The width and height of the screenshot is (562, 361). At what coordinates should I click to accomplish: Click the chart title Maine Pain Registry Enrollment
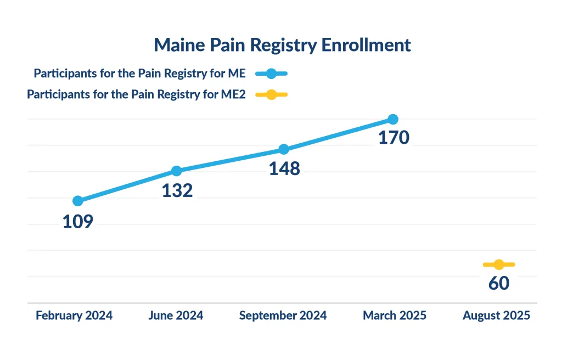(x=282, y=45)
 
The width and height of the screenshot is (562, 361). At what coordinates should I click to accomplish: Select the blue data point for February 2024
(x=78, y=201)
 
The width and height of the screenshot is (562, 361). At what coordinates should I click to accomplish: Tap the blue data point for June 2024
(x=176, y=171)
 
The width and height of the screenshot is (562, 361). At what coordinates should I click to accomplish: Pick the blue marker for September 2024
(x=284, y=149)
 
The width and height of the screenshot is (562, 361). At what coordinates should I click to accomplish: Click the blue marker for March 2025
(x=392, y=119)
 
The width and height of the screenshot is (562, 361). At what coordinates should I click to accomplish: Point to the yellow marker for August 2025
(x=498, y=264)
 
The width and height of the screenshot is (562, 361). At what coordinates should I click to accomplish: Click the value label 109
(x=77, y=222)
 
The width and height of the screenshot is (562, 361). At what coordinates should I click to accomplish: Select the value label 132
(x=177, y=191)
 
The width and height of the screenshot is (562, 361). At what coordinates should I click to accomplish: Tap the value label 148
(x=284, y=169)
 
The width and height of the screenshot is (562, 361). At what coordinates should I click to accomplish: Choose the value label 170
(x=394, y=138)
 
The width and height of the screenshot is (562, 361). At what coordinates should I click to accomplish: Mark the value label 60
(x=498, y=284)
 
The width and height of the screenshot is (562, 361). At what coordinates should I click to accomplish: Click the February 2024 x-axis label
(x=74, y=315)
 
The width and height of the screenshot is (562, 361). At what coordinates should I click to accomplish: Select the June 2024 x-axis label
(x=176, y=315)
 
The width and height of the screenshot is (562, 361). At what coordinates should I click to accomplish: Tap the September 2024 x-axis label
(x=283, y=315)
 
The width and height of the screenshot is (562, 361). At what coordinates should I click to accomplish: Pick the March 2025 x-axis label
(x=395, y=315)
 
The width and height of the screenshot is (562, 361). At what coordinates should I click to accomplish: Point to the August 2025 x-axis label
(x=497, y=315)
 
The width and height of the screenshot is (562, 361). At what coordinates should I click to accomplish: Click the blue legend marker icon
(x=271, y=74)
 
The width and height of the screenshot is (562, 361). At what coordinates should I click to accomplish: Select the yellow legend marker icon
(x=271, y=94)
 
